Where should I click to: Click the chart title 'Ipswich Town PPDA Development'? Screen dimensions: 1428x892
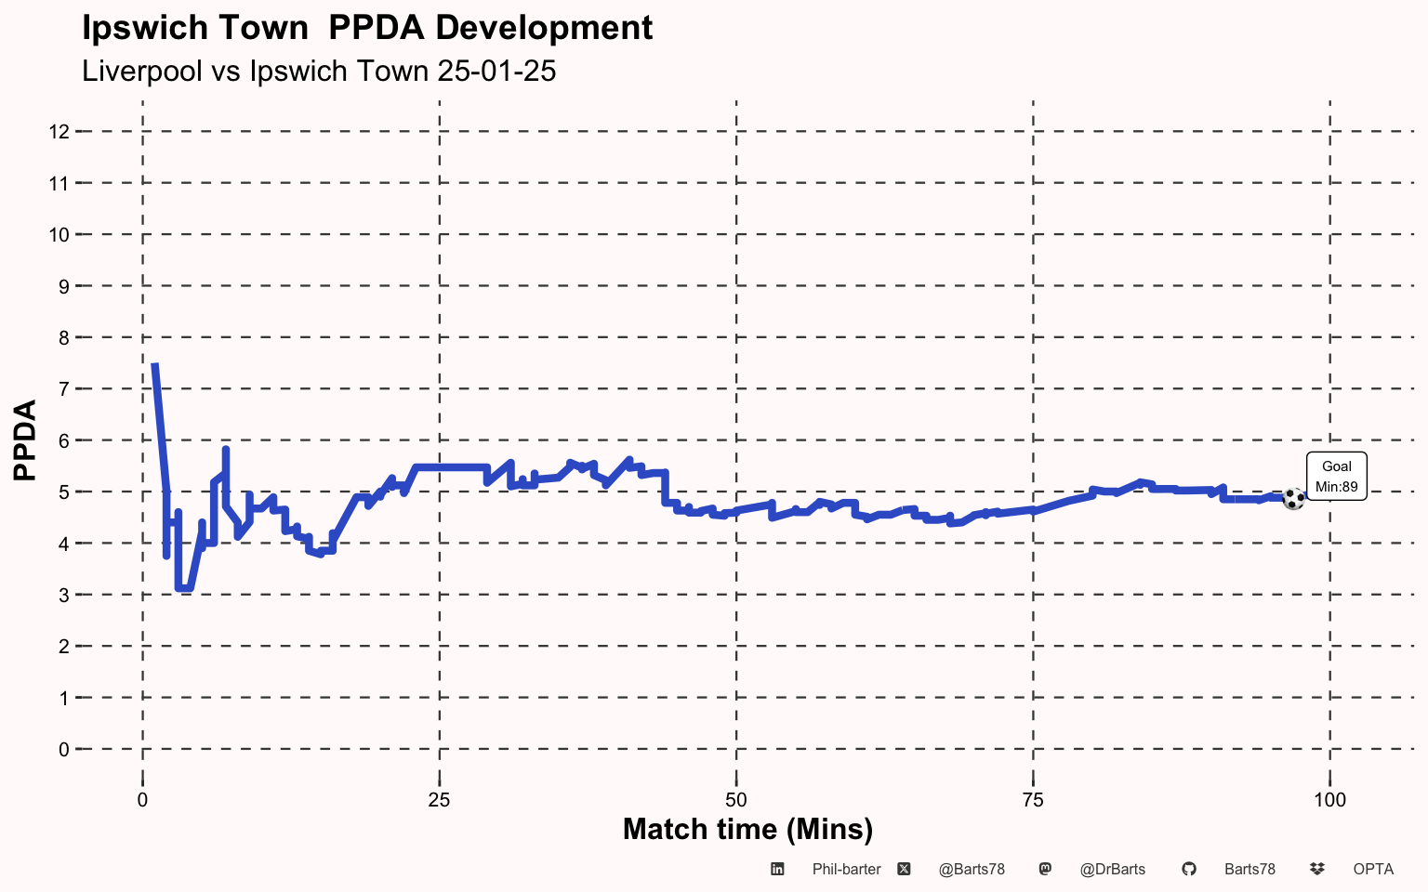tap(367, 29)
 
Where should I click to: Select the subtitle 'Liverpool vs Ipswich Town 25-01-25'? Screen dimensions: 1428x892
tap(319, 71)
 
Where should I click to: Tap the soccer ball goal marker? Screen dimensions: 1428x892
tap(1293, 499)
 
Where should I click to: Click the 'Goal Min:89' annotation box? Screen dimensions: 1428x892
tap(1336, 477)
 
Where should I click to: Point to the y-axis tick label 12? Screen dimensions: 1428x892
tap(59, 132)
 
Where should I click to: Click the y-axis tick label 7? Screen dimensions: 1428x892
tap(64, 389)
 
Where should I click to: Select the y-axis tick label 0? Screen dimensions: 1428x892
tap(64, 750)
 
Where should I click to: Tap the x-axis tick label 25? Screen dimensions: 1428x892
tap(439, 800)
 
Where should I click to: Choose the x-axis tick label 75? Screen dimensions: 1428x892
tap(1033, 800)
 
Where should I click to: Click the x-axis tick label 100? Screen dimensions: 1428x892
tap(1329, 800)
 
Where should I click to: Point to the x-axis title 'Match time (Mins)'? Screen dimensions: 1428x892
tap(747, 830)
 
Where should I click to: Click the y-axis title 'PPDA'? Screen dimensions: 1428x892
tap(25, 440)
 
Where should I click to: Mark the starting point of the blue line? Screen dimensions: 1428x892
tap(154, 364)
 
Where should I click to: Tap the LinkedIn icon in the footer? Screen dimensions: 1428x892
tap(777, 869)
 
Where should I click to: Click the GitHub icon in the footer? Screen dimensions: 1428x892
tap(1189, 869)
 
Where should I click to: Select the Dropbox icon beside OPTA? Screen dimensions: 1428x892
tap(1317, 869)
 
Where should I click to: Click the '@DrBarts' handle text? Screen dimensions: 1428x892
tap(1113, 870)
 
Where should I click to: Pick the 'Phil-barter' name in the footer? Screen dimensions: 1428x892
tap(847, 870)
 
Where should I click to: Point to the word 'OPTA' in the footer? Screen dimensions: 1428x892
tap(1373, 870)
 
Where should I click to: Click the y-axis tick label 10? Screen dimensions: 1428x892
tap(59, 235)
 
